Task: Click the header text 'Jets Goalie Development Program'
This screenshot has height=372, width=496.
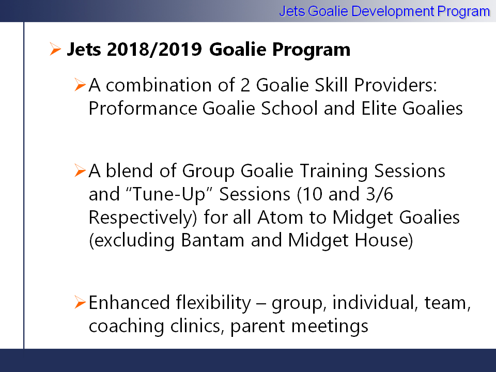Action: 384,12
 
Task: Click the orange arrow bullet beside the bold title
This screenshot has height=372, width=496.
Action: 55,49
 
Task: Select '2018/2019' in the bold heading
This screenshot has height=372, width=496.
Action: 154,50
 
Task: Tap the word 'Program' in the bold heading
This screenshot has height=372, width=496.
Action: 311,50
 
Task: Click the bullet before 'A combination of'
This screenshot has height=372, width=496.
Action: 80,85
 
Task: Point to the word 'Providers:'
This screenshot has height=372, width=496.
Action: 395,85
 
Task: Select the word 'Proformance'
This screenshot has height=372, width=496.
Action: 143,109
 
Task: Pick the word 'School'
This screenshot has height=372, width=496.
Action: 289,108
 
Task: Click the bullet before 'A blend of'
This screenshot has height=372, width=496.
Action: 80,171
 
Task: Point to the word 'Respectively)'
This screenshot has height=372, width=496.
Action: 143,218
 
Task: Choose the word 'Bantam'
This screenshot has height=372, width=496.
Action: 212,240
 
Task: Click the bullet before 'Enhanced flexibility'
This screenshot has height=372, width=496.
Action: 80,302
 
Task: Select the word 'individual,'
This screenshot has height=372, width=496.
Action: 373,303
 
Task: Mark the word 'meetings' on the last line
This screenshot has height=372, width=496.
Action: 330,327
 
